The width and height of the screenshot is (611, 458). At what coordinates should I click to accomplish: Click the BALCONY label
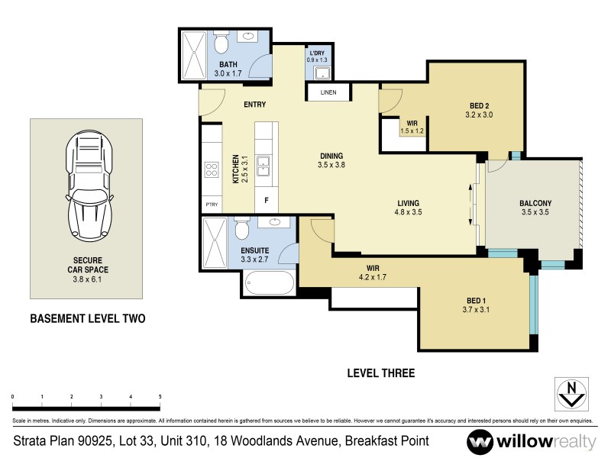coord(535,202)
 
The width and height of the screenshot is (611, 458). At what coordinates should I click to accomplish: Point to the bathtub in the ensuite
coord(268,285)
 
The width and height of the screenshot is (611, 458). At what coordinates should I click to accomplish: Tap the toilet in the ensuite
coord(241,229)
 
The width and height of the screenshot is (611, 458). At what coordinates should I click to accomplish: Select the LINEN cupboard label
coord(328,92)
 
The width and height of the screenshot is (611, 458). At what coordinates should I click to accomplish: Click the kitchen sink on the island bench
coord(263,166)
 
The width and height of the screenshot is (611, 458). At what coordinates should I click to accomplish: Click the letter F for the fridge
coord(266,201)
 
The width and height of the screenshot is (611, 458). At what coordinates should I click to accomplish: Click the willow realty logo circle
coord(480,442)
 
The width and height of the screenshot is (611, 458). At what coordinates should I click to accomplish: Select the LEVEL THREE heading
coord(380,373)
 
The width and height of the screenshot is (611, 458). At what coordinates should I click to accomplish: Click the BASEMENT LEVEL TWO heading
coord(87,318)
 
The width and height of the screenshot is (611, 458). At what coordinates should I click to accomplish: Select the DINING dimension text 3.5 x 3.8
coord(331,163)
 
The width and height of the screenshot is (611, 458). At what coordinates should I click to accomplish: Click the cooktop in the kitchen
coord(210,170)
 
